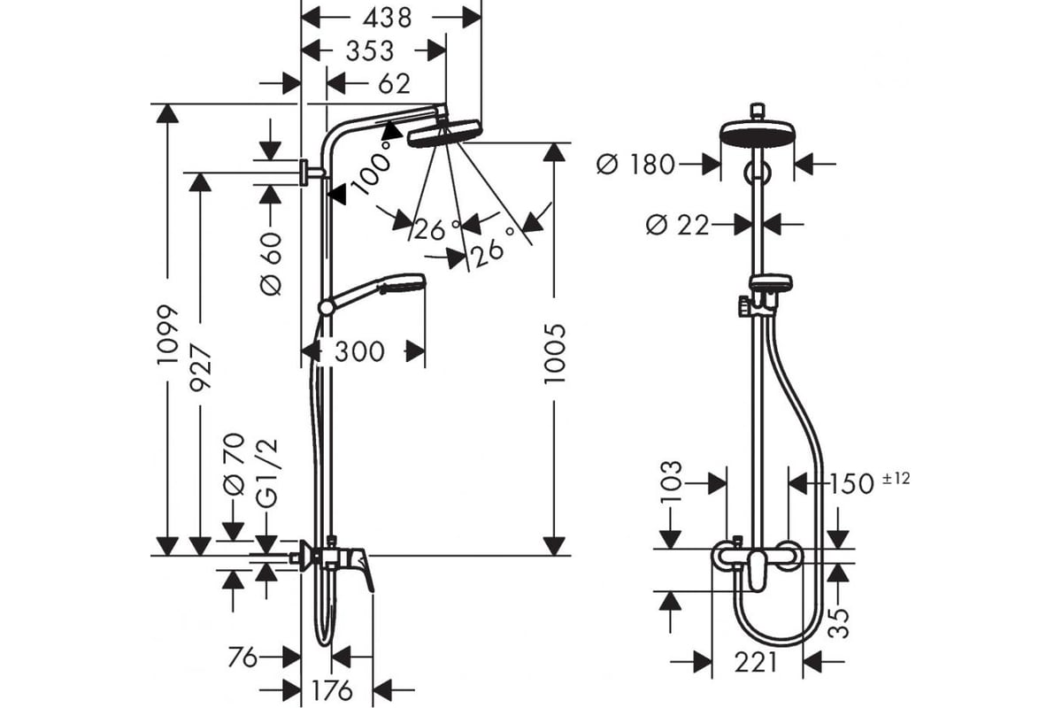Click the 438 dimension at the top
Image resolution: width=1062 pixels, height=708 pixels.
pyautogui.click(x=388, y=19)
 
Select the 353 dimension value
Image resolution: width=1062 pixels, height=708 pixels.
pyautogui.click(x=370, y=51)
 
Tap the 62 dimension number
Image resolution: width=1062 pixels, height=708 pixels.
pyautogui.click(x=394, y=84)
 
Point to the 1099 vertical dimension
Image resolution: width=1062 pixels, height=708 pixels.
pyautogui.click(x=168, y=335)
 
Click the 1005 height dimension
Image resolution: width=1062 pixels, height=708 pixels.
pyautogui.click(x=555, y=354)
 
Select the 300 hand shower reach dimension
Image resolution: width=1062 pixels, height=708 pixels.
pyautogui.click(x=359, y=352)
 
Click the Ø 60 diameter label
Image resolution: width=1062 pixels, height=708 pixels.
pyautogui.click(x=271, y=264)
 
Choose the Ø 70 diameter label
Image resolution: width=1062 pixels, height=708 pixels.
pyautogui.click(x=235, y=465)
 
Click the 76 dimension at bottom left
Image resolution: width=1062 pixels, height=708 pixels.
pyautogui.click(x=242, y=658)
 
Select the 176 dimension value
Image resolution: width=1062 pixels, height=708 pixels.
pyautogui.click(x=332, y=690)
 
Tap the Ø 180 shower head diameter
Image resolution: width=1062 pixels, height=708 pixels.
pyautogui.click(x=635, y=165)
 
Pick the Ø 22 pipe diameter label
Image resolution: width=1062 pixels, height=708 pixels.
pyautogui.click(x=678, y=225)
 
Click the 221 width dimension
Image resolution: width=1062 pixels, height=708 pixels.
pyautogui.click(x=756, y=661)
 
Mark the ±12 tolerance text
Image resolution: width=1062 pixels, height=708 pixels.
pyautogui.click(x=896, y=479)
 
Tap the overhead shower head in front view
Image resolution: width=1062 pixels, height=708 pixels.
pyautogui.click(x=758, y=133)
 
